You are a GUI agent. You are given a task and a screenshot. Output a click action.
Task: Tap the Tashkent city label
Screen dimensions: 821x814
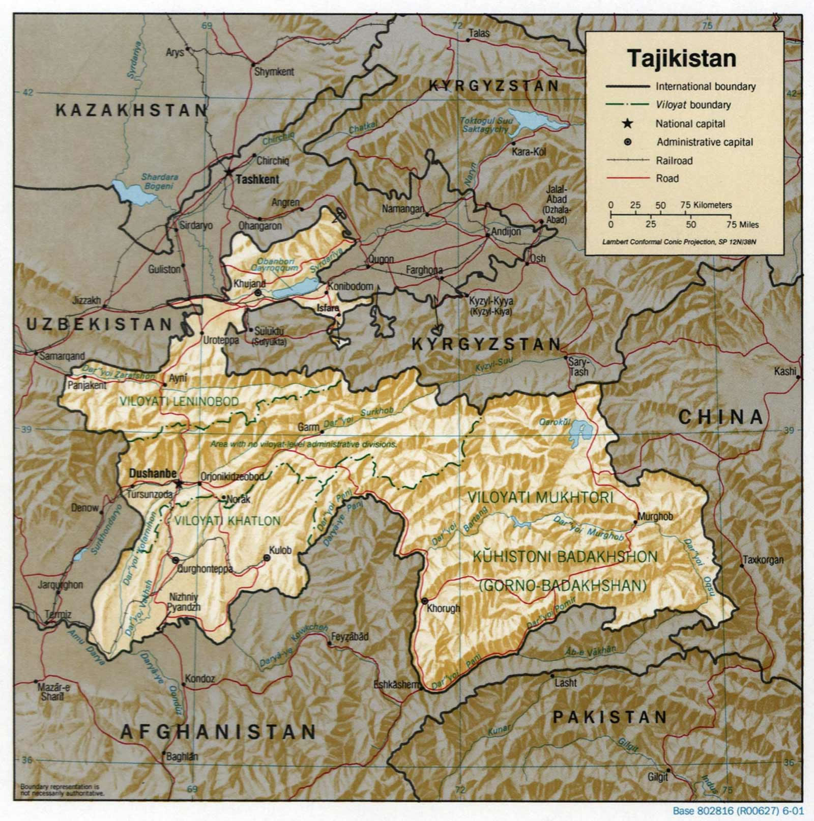257,179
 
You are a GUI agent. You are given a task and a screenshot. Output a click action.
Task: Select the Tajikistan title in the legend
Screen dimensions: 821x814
681,59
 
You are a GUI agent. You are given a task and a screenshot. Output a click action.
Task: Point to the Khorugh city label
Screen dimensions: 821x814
443,608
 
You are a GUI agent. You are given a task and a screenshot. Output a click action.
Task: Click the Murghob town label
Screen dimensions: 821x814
655,516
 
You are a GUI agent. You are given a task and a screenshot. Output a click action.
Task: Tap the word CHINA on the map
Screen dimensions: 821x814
721,417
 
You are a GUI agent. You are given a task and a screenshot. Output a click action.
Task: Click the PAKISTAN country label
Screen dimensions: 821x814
610,717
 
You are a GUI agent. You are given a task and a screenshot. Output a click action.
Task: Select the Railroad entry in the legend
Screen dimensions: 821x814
674,161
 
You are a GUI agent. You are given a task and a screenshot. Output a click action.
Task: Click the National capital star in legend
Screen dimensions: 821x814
628,123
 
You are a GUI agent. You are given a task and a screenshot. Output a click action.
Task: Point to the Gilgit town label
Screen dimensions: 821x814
657,777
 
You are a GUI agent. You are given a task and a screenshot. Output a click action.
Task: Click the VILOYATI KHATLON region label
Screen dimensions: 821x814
227,521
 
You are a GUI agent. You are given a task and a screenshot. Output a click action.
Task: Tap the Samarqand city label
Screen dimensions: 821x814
62,356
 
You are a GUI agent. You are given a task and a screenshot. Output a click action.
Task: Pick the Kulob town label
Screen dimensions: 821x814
280,550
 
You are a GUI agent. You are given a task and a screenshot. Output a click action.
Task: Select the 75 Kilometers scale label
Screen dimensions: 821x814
706,205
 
